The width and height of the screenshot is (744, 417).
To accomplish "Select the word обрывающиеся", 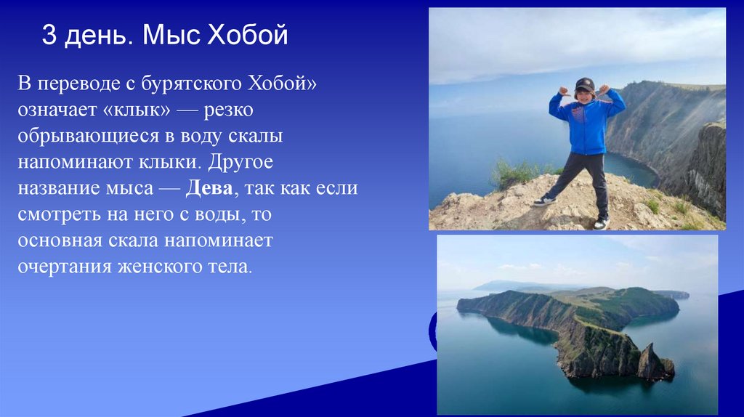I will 84,137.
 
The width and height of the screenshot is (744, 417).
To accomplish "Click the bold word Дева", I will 209,189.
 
